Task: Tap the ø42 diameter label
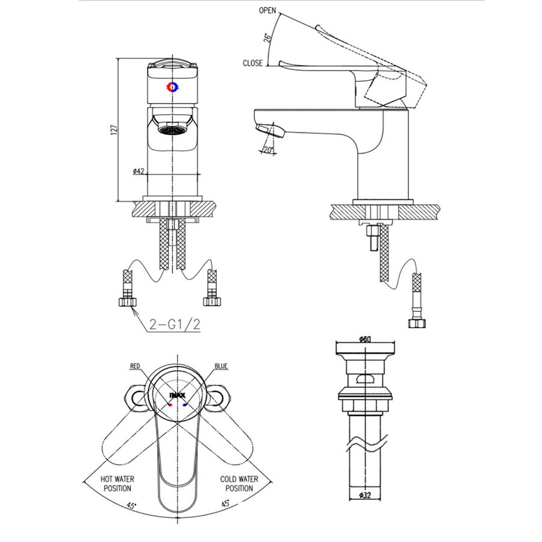pos(139,171)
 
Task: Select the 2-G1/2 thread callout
pos(175,324)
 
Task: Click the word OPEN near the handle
pos(267,10)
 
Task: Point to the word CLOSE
pos(253,63)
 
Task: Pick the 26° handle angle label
pos(268,38)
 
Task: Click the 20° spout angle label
pos(268,150)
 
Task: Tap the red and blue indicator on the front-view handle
pos(172,87)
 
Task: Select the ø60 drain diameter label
pos(365,339)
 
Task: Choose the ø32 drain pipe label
pos(365,496)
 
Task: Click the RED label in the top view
pos(135,366)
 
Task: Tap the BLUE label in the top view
pos(221,366)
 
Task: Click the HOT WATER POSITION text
pos(117,484)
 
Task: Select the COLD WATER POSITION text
pos(239,484)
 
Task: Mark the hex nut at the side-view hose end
pos(417,323)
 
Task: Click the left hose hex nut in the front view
pos(128,302)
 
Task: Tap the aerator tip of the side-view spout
pos(270,131)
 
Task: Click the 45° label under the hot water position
pos(132,505)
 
